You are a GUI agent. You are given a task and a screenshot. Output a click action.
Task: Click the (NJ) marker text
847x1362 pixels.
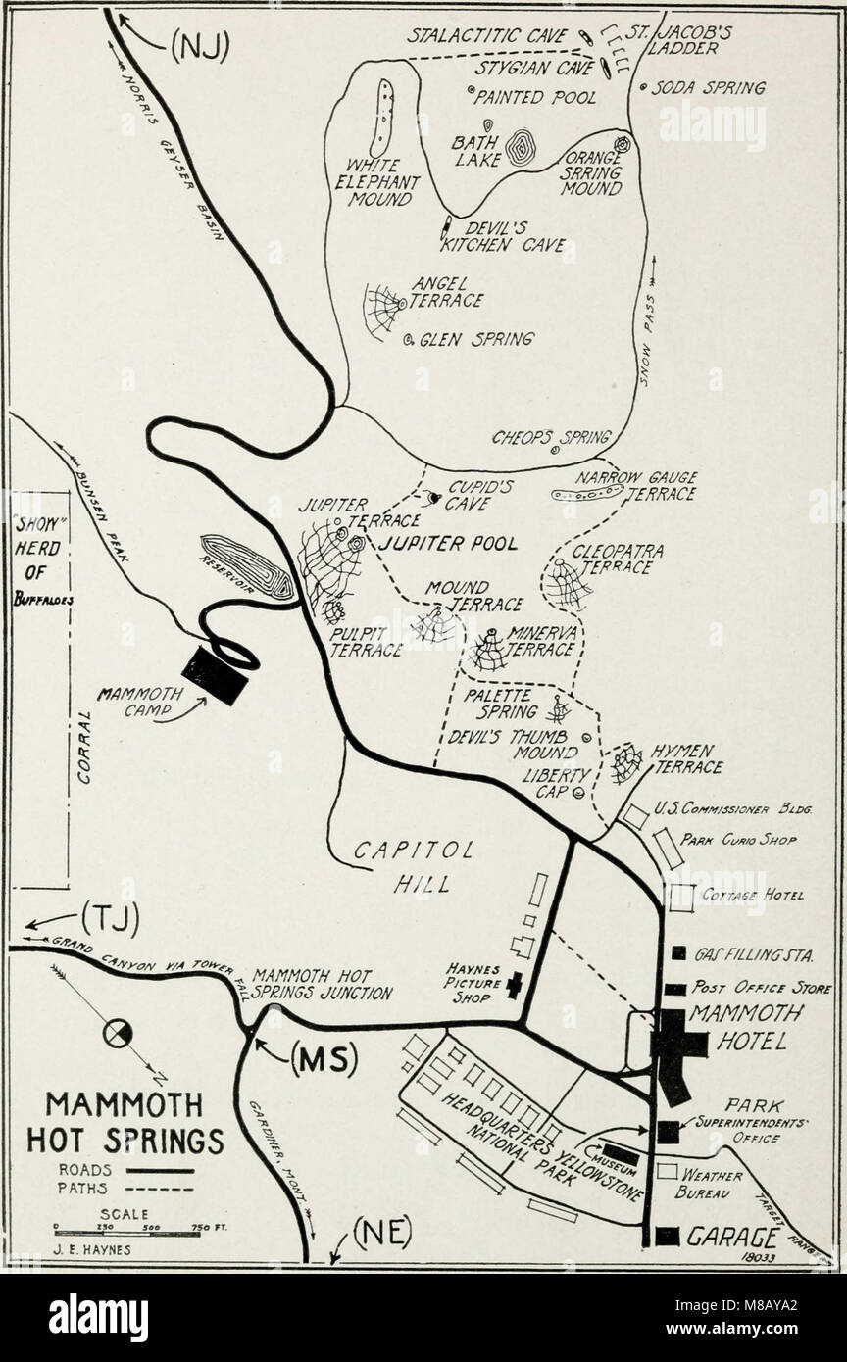click(x=200, y=46)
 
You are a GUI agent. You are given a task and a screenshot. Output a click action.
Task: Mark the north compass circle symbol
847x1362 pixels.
click(x=120, y=1031)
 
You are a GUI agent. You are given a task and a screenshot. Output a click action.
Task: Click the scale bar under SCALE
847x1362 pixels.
click(x=127, y=1234)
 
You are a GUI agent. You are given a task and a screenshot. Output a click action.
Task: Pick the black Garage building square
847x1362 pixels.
click(x=668, y=1236)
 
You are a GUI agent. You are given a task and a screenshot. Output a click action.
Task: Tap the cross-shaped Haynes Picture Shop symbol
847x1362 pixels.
click(x=512, y=986)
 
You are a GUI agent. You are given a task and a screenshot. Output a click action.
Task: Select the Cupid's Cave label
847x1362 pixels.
click(x=468, y=493)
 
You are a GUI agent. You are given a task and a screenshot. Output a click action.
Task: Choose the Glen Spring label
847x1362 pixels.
click(x=475, y=339)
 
